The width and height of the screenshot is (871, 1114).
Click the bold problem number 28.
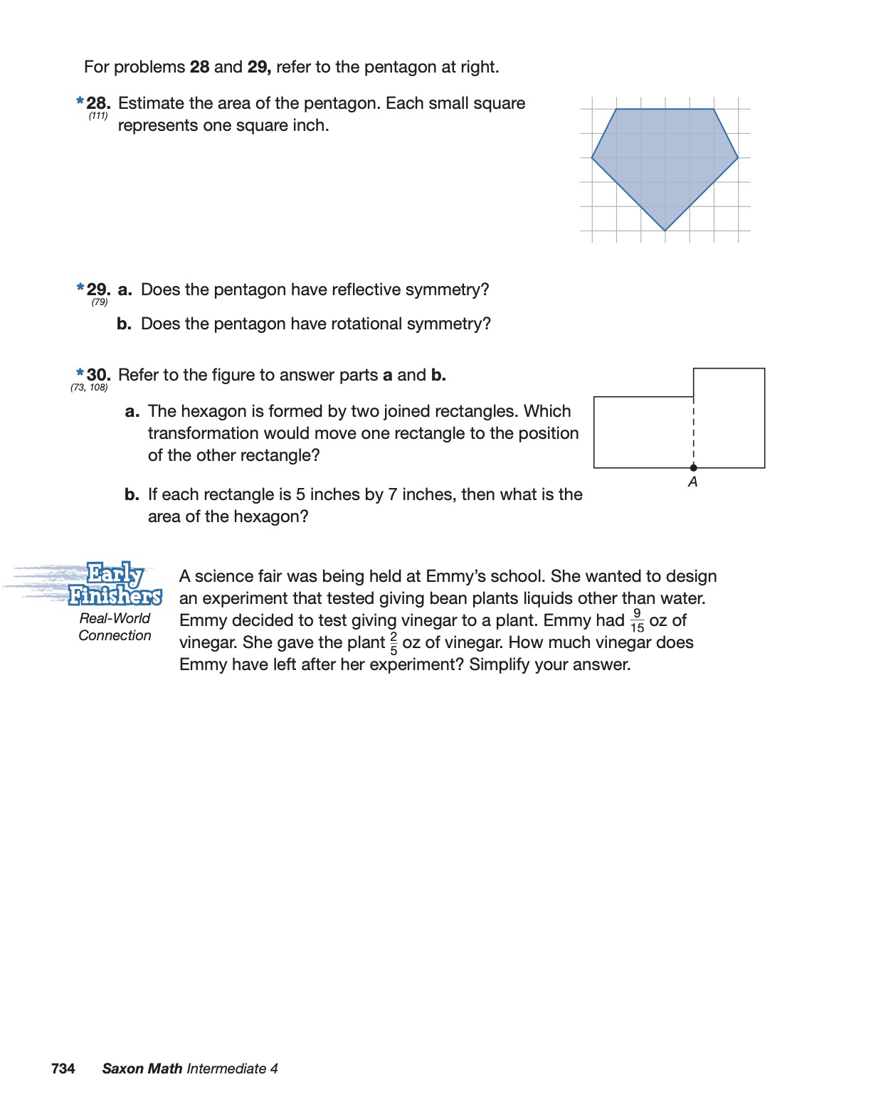click(98, 104)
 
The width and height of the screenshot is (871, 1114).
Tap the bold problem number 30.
click(98, 375)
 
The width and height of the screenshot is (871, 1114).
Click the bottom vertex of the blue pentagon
click(665, 230)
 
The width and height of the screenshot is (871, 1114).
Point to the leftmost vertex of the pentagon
click(592, 157)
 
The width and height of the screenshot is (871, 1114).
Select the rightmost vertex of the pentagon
click(738, 157)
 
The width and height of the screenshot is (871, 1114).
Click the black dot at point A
click(693, 467)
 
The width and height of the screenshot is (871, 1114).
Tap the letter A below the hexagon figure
click(692, 482)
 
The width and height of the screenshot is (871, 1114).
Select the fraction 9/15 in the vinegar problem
click(637, 620)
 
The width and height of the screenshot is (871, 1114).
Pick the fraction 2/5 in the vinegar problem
click(394, 642)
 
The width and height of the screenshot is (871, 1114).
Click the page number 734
click(63, 1068)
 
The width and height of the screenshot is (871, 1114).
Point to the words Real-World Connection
click(115, 627)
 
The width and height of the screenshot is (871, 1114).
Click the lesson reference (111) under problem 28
click(98, 116)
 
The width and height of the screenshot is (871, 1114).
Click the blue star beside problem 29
click(80, 288)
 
